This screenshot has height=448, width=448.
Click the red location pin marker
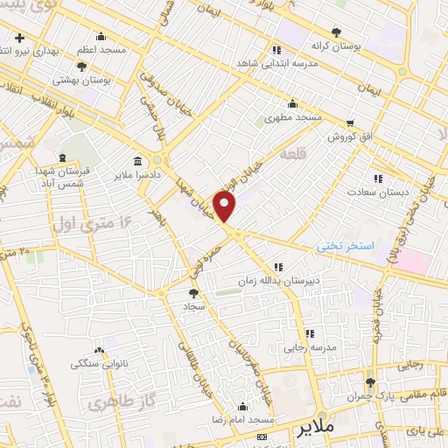226,206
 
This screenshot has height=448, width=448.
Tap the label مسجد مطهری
294,115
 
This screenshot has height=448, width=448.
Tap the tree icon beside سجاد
194,295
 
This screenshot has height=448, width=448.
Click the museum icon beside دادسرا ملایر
140,163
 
